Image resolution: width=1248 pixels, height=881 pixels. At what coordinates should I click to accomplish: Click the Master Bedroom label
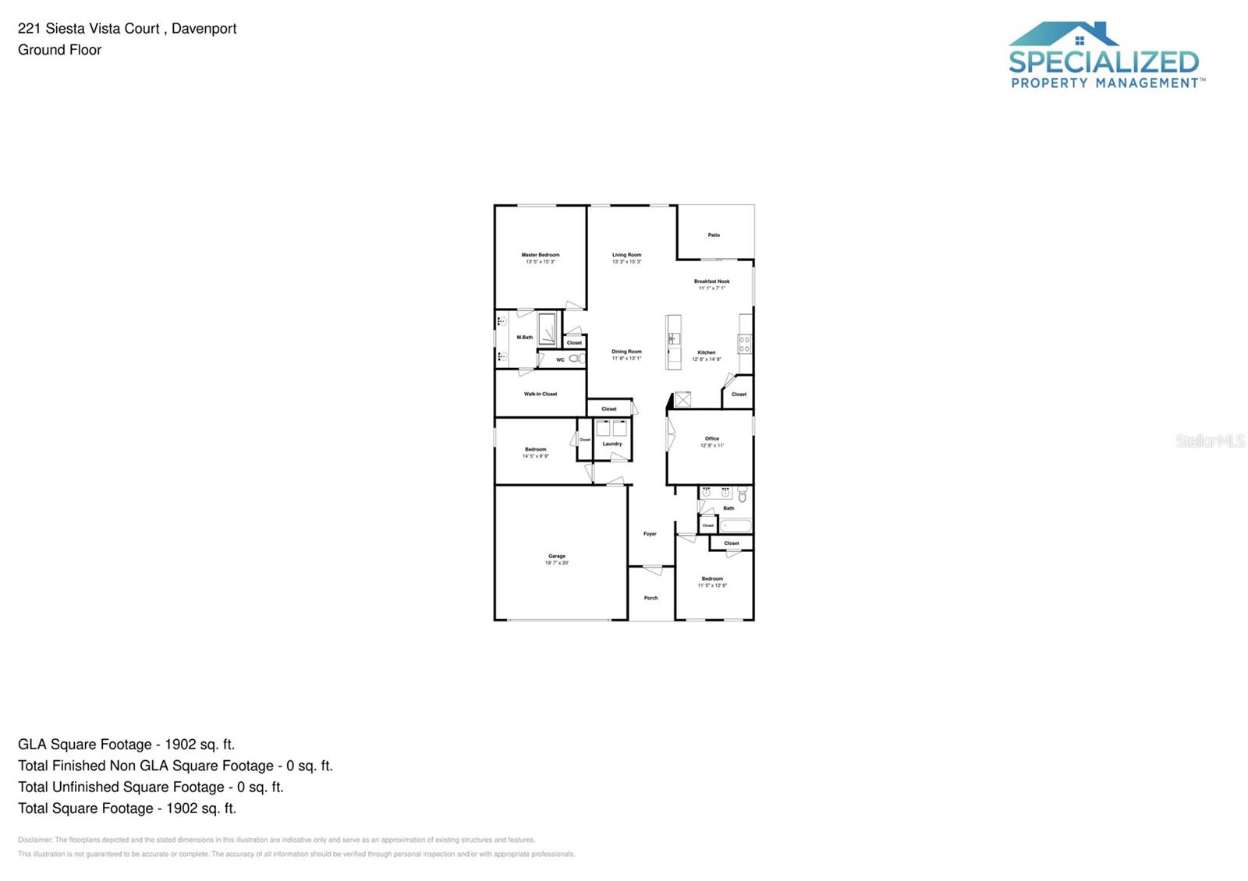click(541, 255)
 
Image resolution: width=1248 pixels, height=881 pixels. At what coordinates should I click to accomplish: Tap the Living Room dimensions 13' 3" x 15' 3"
click(626, 262)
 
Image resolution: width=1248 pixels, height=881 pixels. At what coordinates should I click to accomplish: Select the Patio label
click(714, 235)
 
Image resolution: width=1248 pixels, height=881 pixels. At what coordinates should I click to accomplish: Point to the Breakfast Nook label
click(711, 281)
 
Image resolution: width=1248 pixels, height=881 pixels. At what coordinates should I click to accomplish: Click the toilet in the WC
click(576, 359)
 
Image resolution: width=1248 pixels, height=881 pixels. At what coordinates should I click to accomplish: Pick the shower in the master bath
click(548, 329)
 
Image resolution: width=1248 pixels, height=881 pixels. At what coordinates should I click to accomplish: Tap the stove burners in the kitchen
click(744, 344)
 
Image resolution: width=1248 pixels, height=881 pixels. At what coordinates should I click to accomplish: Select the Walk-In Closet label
click(541, 394)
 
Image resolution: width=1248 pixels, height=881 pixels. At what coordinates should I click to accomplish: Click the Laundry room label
click(612, 444)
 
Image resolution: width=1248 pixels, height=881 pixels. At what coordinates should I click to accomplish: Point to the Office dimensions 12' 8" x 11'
click(711, 445)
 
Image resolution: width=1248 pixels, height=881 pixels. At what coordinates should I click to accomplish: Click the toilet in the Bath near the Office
click(743, 494)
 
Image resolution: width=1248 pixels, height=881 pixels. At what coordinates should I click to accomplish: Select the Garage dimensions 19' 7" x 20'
click(557, 563)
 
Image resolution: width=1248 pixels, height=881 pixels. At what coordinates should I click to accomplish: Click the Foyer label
click(650, 534)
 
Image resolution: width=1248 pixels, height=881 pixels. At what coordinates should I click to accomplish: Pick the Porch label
click(651, 598)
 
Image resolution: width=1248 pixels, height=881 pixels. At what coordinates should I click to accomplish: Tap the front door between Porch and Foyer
click(651, 568)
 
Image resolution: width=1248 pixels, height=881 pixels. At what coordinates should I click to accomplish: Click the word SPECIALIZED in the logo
click(1103, 62)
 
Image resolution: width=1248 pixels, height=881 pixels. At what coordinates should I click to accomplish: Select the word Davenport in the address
click(204, 29)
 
